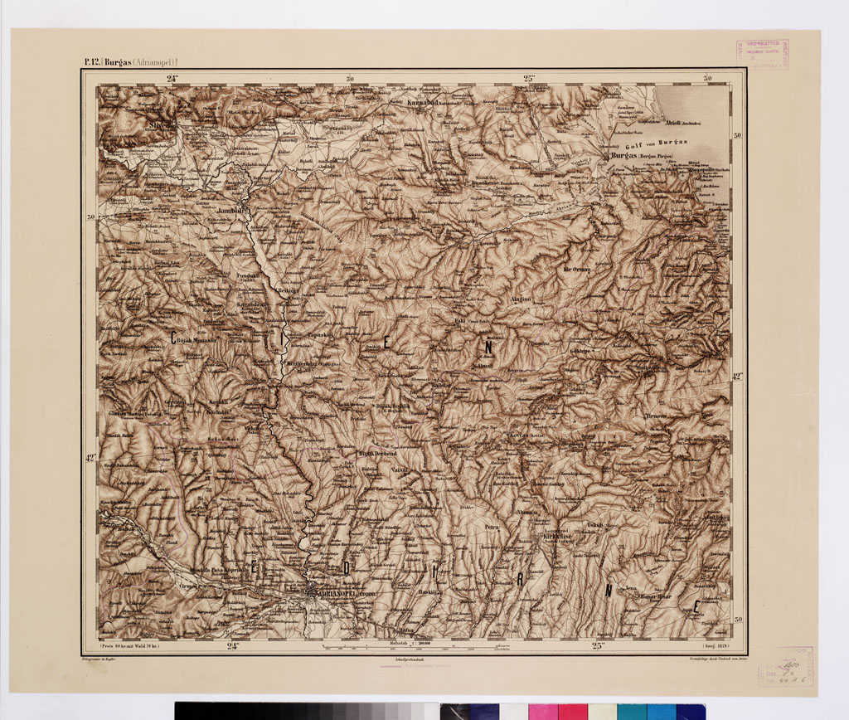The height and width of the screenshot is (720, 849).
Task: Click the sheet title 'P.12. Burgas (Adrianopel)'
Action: click(130, 61)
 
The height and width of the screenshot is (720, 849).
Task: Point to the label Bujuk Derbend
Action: click(377, 455)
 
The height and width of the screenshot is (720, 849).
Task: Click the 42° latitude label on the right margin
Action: click(738, 376)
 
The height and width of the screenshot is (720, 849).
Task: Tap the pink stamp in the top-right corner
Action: click(761, 53)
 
